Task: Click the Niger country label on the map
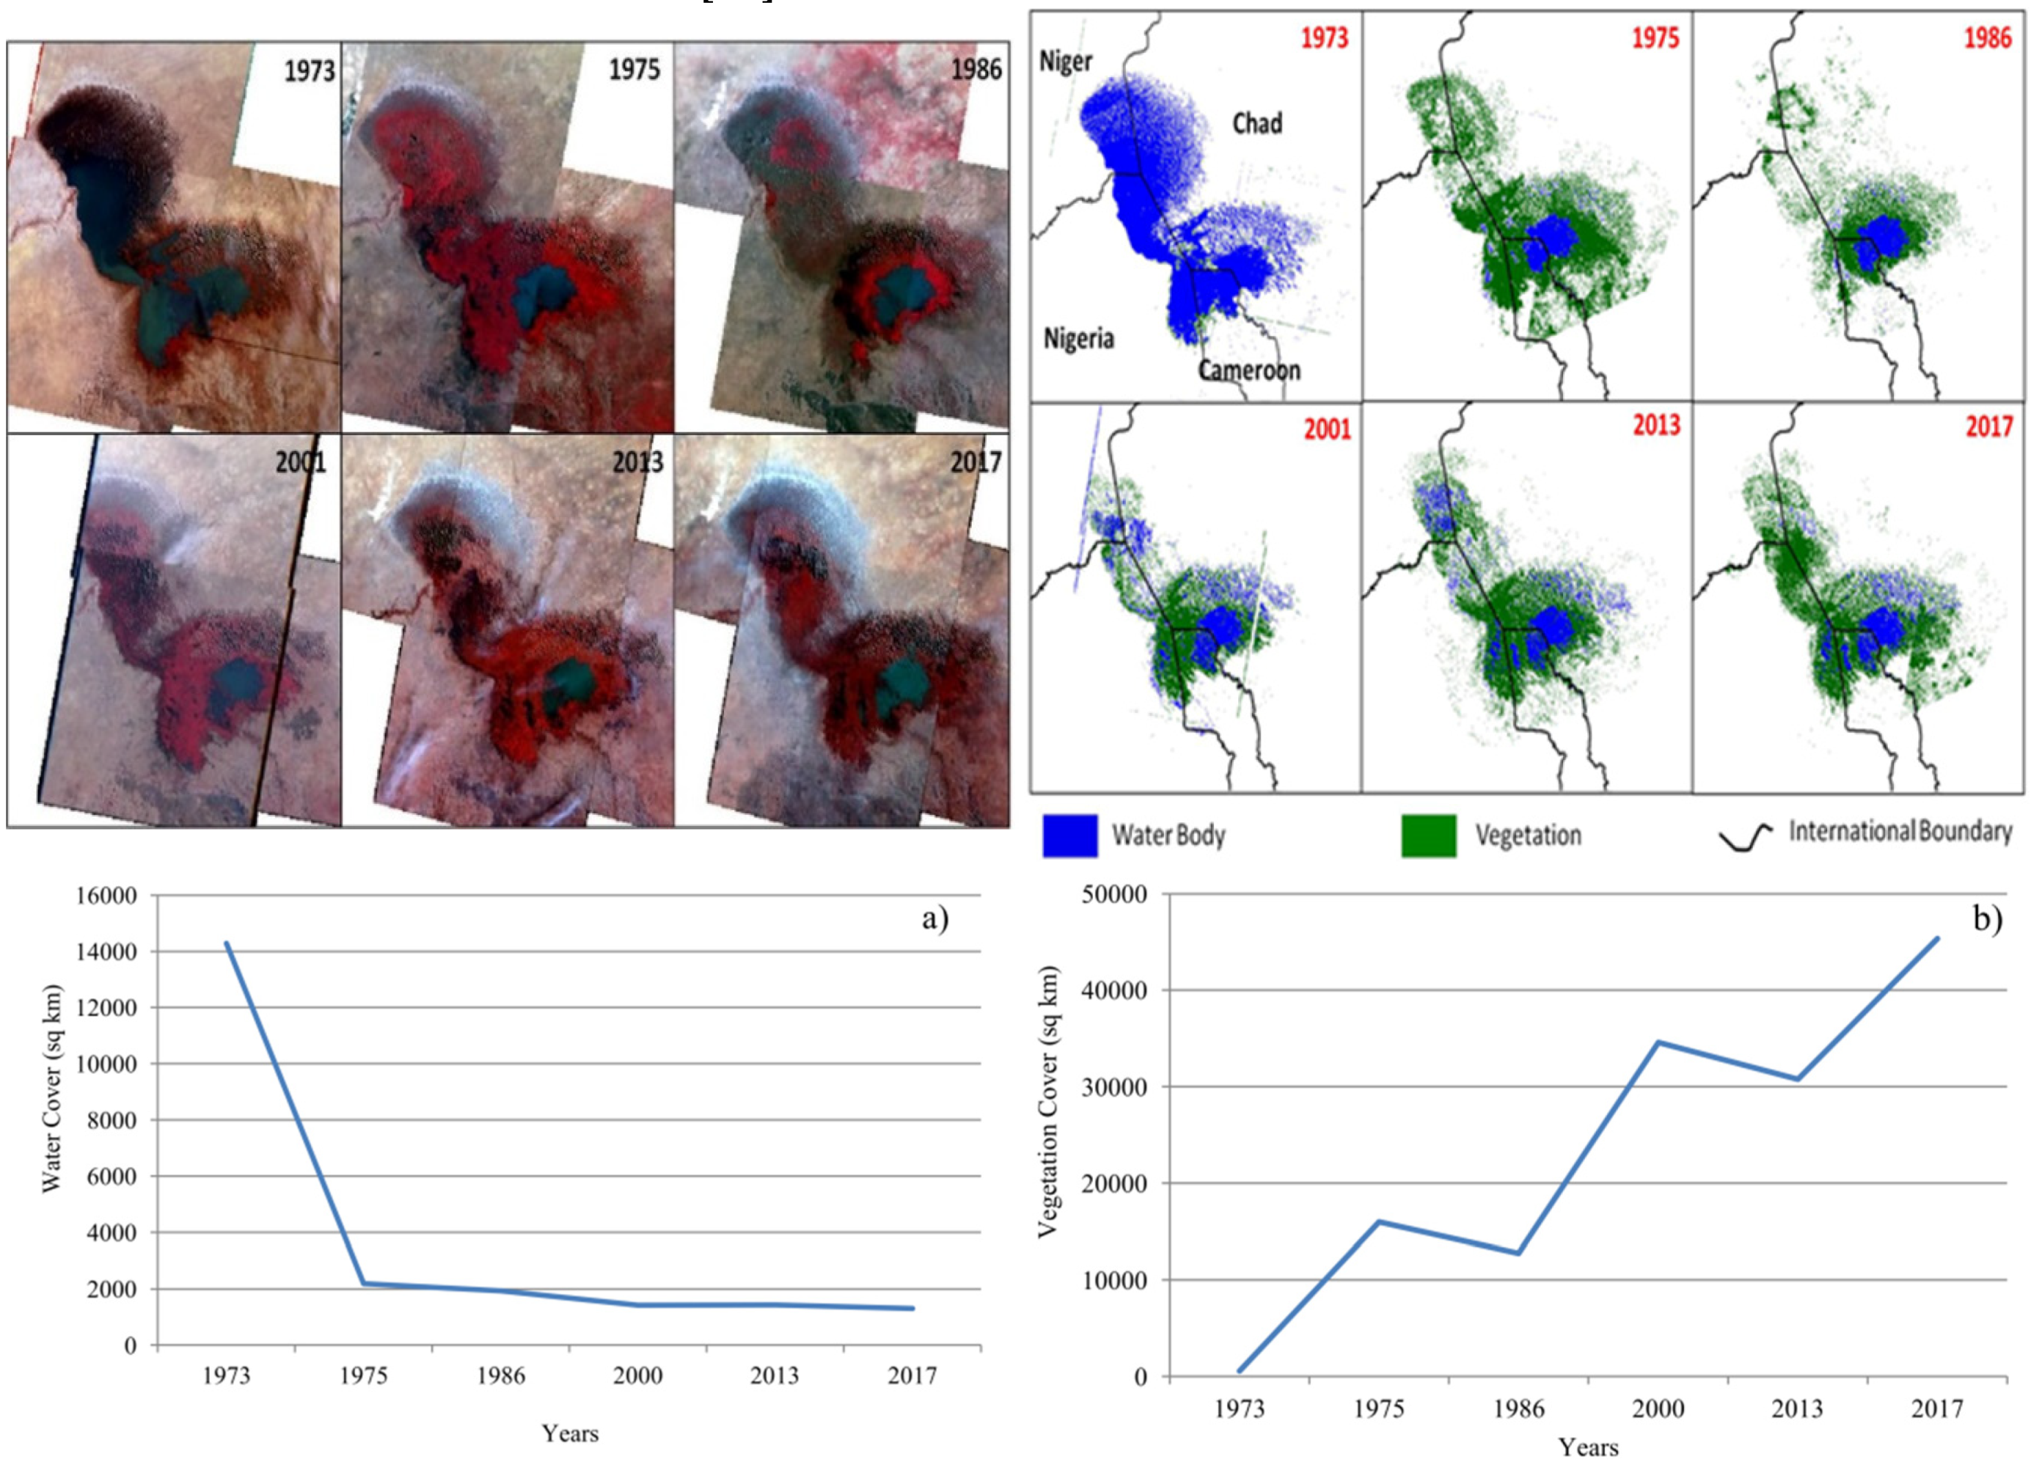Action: click(1065, 61)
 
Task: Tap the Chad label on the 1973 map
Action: click(1257, 123)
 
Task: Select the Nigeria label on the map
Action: click(1078, 339)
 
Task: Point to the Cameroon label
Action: click(1248, 370)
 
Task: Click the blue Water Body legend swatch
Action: click(1070, 835)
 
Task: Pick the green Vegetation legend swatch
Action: click(1428, 835)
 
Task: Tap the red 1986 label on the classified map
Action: click(1987, 38)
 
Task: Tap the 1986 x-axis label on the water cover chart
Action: click(500, 1376)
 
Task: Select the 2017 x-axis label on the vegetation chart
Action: click(1937, 1408)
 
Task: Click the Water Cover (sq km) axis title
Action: click(52, 1090)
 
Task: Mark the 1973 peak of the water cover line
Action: click(227, 944)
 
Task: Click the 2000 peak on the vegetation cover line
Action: click(1659, 1043)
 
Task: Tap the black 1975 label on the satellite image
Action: click(634, 70)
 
